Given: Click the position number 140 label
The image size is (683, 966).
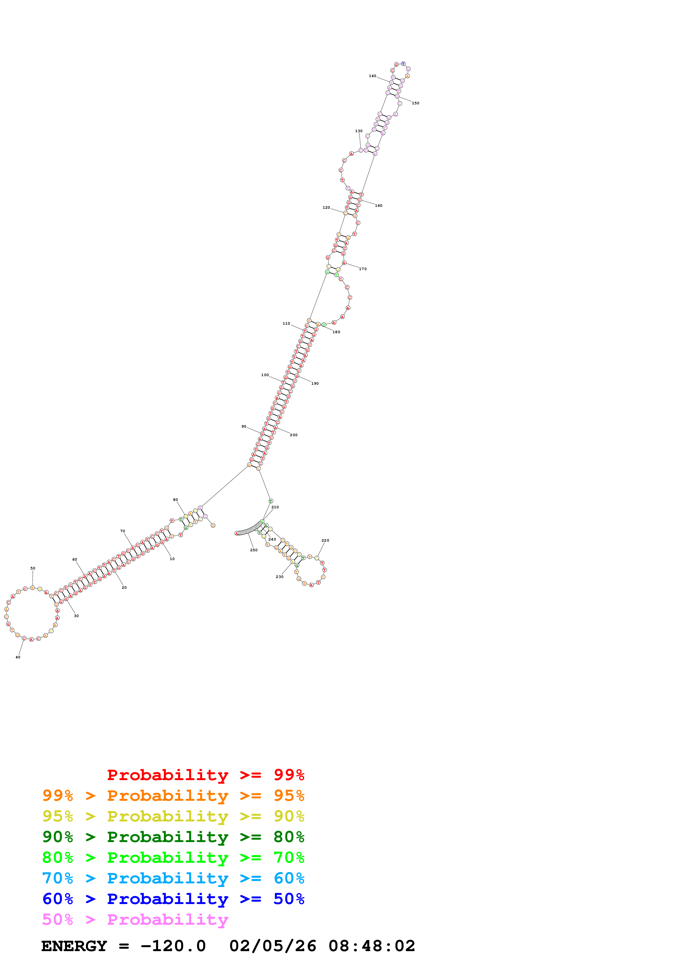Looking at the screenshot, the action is pos(372,76).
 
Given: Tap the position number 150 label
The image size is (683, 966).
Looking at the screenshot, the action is pos(415,103).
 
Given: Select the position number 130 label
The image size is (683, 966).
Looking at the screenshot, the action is pos(358,131).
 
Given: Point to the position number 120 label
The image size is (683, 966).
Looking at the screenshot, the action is pos(326,207).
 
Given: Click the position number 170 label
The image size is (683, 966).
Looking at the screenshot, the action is pos(363,269).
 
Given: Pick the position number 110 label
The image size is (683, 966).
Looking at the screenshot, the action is pos(286,324).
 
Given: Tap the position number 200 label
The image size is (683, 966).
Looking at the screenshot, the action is pos(294,435).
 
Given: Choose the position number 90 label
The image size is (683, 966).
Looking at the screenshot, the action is pos(244,427).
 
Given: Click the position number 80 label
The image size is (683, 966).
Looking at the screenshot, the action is pos(176,500).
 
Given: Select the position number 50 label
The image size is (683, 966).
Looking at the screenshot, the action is pos(33,568).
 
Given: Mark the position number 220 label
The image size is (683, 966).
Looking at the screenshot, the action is pos(325,540).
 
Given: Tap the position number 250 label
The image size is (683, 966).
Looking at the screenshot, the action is pos(254,550).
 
